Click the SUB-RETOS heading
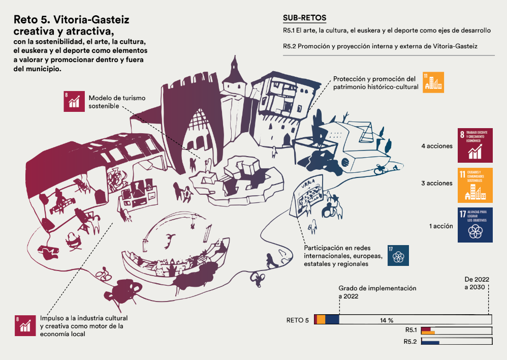(305, 18)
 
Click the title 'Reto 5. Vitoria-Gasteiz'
(71, 20)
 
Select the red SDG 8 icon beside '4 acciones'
(475, 146)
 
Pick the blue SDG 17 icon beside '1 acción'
(475, 225)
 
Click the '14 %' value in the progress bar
(387, 320)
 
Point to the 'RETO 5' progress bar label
(297, 320)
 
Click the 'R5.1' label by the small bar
(410, 331)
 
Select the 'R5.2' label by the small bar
(410, 341)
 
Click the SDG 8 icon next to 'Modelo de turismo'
(74, 101)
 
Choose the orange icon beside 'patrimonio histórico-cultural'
(433, 82)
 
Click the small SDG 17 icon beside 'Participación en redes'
(398, 255)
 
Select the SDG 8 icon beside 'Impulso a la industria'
(25, 325)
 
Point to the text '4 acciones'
(437, 146)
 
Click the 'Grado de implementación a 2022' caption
(377, 292)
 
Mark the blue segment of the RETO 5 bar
(332, 319)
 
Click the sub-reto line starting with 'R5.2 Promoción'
(381, 46)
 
